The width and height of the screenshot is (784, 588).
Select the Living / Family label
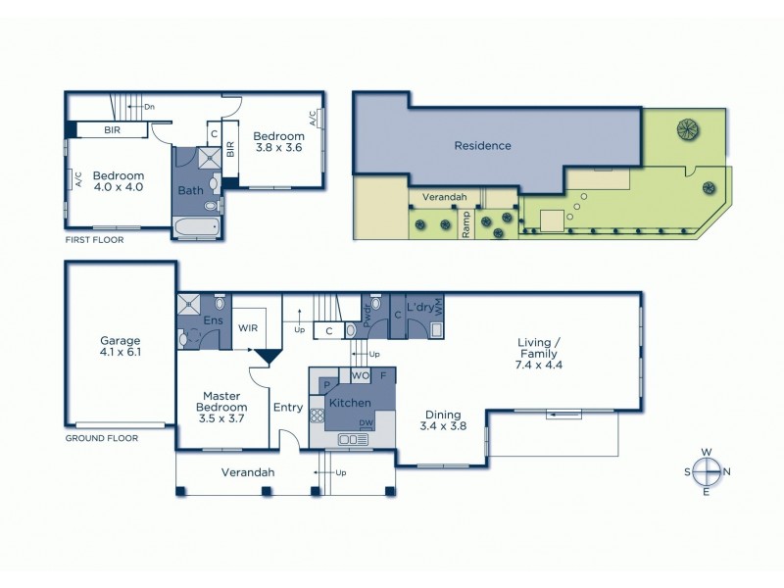pos(538,353)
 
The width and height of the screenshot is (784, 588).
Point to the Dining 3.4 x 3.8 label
pos(442,419)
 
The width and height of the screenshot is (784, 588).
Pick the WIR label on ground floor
pos(247,329)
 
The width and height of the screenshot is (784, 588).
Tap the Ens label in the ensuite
pos(213,319)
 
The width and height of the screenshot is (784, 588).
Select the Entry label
pos(288,408)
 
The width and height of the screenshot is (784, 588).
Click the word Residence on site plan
pos(482,146)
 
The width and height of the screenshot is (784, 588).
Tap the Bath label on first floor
pos(190,190)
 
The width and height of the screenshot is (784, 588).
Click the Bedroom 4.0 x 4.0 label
pos(118,182)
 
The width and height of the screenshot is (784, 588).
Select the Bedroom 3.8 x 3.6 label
pos(277,142)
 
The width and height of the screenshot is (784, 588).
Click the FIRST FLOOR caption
pos(97,239)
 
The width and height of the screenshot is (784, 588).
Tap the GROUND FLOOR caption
pos(102,438)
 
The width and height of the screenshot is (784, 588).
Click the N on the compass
pos(726,471)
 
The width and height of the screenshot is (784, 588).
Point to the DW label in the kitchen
pos(365,422)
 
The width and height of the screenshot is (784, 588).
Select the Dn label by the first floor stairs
pos(149,106)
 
